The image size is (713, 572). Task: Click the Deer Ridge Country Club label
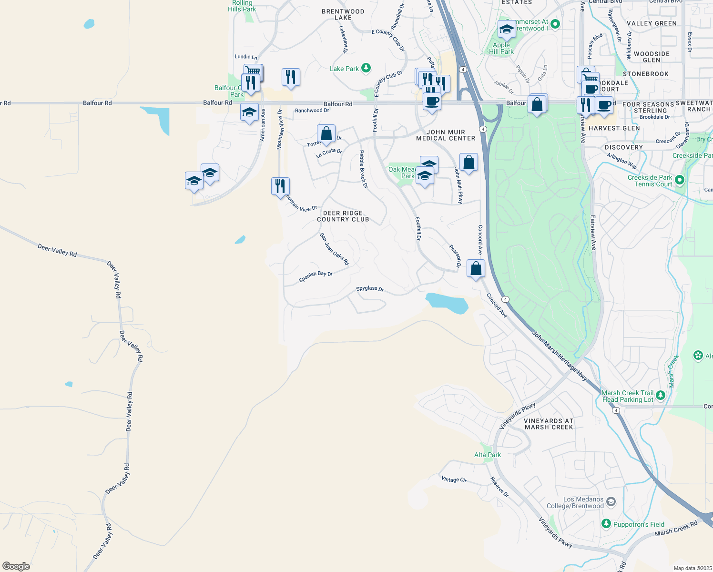tap(343, 216)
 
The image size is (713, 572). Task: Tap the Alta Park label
tap(488, 455)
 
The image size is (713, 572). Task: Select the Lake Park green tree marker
tap(366, 69)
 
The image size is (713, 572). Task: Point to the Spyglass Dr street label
tap(370, 289)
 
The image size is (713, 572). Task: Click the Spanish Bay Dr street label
tap(316, 276)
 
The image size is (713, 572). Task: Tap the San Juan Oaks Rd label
tap(334, 249)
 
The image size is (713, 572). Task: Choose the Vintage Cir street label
tap(454, 480)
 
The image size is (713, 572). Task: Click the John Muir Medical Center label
tap(446, 135)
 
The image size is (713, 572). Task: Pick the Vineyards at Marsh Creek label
tap(549, 424)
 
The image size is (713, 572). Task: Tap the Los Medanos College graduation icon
tap(611, 502)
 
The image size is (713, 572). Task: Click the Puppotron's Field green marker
tap(606, 524)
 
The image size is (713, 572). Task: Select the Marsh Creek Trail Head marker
tap(660, 395)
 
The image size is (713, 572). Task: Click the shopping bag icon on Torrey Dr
tap(326, 134)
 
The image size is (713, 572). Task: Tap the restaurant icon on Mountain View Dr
tap(280, 186)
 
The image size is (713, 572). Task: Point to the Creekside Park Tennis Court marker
tap(680, 180)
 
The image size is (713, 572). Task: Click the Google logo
tap(16, 566)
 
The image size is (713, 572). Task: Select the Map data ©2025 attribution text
tap(692, 568)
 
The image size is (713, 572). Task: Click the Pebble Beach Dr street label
tap(363, 169)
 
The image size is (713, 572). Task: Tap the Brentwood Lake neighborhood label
tap(343, 15)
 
